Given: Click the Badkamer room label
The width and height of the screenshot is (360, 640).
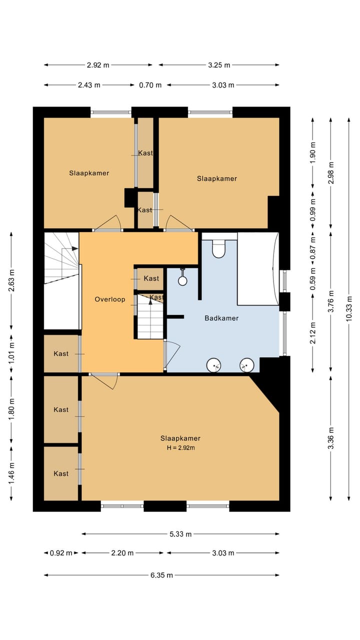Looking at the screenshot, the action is pyautogui.click(x=221, y=318).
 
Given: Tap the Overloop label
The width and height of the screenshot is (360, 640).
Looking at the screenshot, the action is pyautogui.click(x=110, y=299).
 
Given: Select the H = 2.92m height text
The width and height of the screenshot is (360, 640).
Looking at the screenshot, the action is pyautogui.click(x=181, y=447).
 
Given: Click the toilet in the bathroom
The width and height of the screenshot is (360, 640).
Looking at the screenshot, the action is pyautogui.click(x=219, y=248).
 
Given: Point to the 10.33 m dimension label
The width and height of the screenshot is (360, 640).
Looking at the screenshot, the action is pyautogui.click(x=349, y=308).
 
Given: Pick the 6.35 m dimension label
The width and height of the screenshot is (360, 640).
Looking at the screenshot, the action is pyautogui.click(x=161, y=575).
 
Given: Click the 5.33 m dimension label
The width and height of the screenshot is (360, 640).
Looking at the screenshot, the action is pyautogui.click(x=180, y=534).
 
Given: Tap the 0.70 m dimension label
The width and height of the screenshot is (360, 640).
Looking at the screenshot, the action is pyautogui.click(x=150, y=85).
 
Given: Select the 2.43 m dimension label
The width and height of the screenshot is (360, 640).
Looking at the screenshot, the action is pyautogui.click(x=89, y=85).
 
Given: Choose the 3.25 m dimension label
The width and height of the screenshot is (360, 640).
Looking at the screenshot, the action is pyautogui.click(x=219, y=65).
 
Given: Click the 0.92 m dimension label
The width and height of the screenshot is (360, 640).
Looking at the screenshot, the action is pyautogui.click(x=61, y=553).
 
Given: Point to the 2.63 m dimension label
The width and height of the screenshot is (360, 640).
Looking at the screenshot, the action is pyautogui.click(x=11, y=280).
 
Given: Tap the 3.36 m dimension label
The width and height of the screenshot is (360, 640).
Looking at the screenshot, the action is pyautogui.click(x=331, y=438).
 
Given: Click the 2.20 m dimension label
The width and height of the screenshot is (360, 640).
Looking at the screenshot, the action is pyautogui.click(x=122, y=553).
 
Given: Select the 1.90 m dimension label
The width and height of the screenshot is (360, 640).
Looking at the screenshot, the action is pyautogui.click(x=313, y=152).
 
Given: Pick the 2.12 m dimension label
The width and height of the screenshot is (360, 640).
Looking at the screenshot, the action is pyautogui.click(x=313, y=333).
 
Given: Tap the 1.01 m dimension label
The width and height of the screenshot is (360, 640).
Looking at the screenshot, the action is pyautogui.click(x=11, y=353).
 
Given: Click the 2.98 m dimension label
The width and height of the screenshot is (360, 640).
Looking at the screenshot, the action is pyautogui.click(x=331, y=173).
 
